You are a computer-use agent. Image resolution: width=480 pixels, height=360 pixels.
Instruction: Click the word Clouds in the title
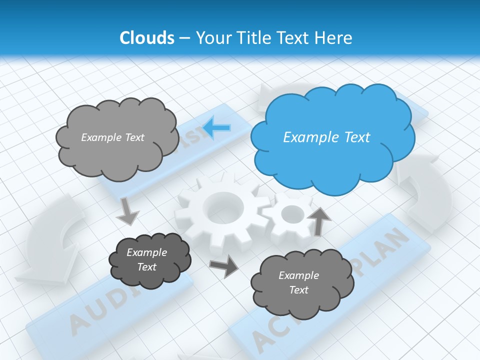(146, 38)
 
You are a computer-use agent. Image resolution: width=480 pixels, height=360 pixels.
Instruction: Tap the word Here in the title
(334, 38)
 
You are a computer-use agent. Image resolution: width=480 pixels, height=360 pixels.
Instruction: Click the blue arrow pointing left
(217, 127)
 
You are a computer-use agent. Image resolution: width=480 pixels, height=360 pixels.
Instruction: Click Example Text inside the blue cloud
(326, 137)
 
